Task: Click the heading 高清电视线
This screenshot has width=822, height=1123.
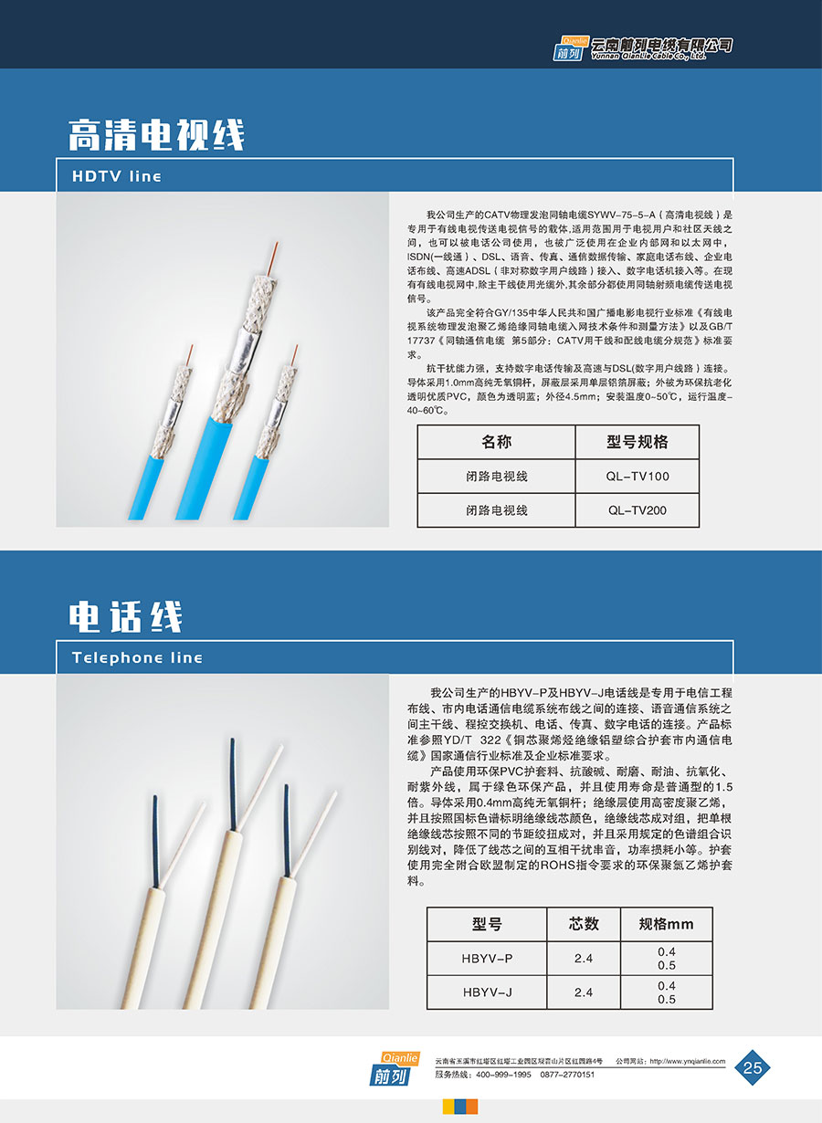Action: pos(156,135)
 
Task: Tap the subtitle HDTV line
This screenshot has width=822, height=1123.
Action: pos(116,176)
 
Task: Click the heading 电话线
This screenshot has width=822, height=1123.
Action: pos(125,616)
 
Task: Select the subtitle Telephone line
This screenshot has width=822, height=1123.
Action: pos(137,657)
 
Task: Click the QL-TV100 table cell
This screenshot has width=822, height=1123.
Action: pos(637,477)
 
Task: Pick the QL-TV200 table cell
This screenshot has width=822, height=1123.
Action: pos(637,510)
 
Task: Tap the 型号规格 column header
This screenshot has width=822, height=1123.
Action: pos(637,442)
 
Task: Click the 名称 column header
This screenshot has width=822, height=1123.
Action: pos(497,442)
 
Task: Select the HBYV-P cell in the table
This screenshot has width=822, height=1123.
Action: pos(487,959)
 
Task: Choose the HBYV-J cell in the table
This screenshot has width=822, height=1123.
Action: pos(487,992)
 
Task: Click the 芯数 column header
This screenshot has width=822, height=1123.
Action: pos(584,924)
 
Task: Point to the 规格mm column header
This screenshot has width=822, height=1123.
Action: pos(666,924)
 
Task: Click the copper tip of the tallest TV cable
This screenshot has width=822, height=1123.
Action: pos(273,258)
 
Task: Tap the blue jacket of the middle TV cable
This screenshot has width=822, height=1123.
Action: pos(204,467)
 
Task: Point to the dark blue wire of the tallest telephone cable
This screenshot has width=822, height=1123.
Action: pos(233,783)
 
